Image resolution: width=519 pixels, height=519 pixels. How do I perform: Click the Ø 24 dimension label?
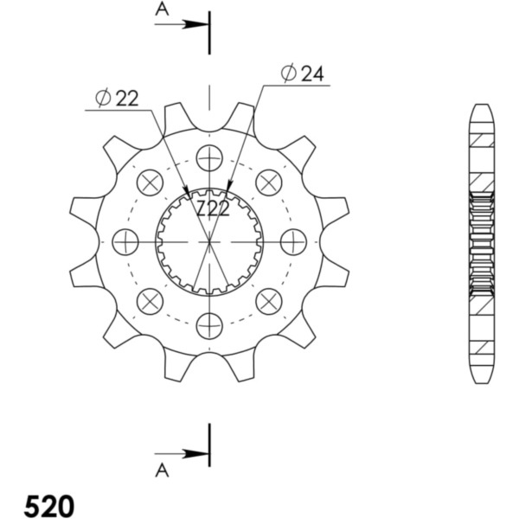(302, 74)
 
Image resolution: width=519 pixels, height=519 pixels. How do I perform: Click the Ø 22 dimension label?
(117, 99)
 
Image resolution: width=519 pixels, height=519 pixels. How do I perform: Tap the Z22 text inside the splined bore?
(213, 208)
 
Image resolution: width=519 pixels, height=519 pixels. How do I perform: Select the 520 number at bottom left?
(49, 505)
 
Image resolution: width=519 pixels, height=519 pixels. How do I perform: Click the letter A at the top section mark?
(162, 10)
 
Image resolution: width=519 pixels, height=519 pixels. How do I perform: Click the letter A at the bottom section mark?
(162, 471)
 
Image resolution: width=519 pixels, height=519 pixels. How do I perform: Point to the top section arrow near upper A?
(182, 24)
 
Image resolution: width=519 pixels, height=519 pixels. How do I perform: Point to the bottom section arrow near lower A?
(182, 454)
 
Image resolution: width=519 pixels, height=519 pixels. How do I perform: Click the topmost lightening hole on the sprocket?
(209, 158)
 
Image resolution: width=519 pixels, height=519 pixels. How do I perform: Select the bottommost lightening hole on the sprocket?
(209, 326)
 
